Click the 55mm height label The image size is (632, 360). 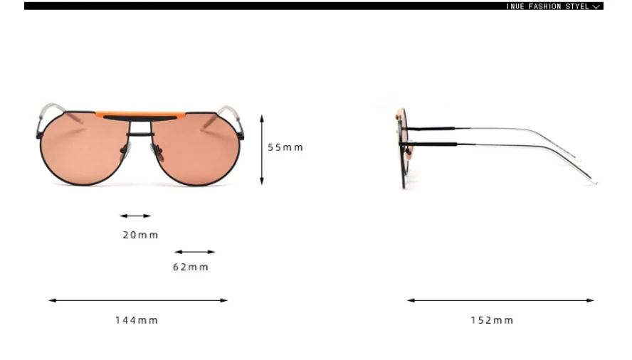[285, 147]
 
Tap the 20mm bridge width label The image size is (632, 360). [140, 235]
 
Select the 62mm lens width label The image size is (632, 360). [190, 268]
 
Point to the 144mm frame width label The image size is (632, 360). [136, 320]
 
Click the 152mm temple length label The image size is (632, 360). [492, 320]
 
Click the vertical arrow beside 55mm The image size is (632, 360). [262, 150]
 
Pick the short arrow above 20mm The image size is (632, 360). [135, 216]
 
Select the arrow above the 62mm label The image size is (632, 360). [195, 252]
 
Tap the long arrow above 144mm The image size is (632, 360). [138, 300]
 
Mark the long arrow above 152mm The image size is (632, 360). [500, 300]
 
